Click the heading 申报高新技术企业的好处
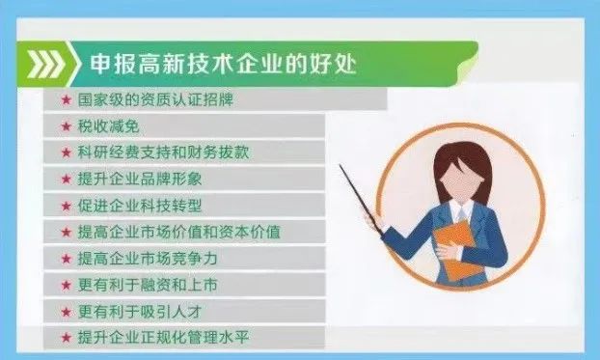click(224, 64)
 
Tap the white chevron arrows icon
click(46, 64)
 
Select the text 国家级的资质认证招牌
click(155, 100)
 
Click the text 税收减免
click(109, 126)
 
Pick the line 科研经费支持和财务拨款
click(163, 152)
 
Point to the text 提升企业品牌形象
click(140, 179)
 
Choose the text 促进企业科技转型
click(140, 206)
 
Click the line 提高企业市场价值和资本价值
click(179, 232)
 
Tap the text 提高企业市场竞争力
click(148, 259)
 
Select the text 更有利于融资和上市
click(148, 285)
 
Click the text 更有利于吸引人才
click(140, 312)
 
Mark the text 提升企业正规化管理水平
click(163, 338)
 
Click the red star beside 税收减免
click(67, 126)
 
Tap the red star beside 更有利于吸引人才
click(67, 312)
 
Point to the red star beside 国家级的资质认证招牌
click(67, 100)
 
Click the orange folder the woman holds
click(457, 249)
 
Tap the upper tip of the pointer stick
click(340, 165)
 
